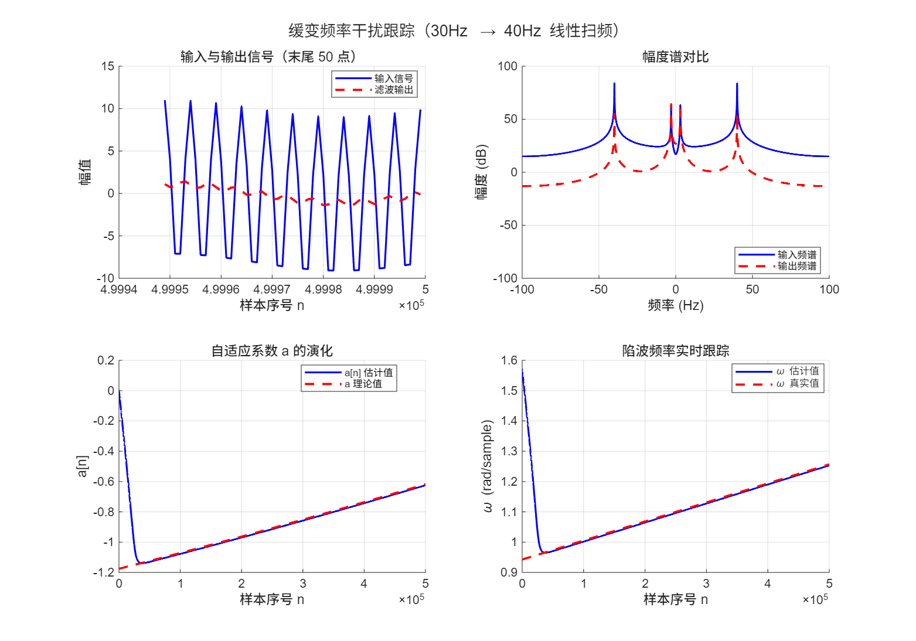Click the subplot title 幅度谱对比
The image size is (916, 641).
pos(675,57)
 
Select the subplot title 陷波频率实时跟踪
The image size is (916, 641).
pos(675,351)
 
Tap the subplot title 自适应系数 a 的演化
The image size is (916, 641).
pos(272,351)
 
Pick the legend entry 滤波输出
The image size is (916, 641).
pos(394,90)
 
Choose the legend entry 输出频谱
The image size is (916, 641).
pos(796,266)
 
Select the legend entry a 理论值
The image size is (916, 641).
pos(363,384)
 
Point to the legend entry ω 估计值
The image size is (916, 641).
pos(798,371)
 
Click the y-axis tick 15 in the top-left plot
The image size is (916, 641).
pos(108,66)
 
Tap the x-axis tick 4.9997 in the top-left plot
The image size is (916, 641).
pos(272,289)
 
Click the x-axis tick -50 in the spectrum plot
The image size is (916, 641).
pos(598,289)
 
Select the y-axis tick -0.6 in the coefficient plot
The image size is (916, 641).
pos(103,482)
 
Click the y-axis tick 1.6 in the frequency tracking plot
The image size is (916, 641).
pos(509,360)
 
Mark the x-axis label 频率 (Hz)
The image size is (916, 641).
pos(675,305)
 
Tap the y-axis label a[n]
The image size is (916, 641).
pos(83,466)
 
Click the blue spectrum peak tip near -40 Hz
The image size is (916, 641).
pos(614,84)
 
